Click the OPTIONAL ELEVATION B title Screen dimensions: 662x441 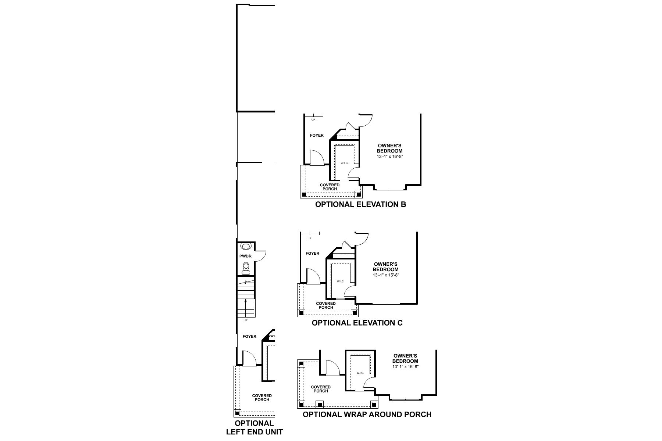[x=360, y=204]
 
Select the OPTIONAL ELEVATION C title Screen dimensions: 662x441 [x=357, y=323]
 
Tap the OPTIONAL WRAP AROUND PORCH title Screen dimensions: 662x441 [x=367, y=414]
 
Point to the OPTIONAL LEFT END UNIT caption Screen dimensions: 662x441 [x=255, y=427]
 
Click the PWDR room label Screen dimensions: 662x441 [x=245, y=256]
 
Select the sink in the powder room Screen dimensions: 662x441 [x=245, y=246]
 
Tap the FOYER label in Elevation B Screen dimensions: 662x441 [x=317, y=135]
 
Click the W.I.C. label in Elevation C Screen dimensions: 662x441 [x=340, y=282]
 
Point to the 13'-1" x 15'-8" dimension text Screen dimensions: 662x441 [x=386, y=275]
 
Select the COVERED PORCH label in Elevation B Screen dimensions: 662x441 [x=330, y=187]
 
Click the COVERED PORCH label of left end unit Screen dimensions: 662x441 [x=262, y=398]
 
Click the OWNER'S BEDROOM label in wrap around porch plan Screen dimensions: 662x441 [x=405, y=358]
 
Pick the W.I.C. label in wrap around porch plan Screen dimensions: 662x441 [x=360, y=373]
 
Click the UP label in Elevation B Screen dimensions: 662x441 [x=313, y=119]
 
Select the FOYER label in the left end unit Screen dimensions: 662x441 [x=249, y=336]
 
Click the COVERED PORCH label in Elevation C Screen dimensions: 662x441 [x=326, y=305]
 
